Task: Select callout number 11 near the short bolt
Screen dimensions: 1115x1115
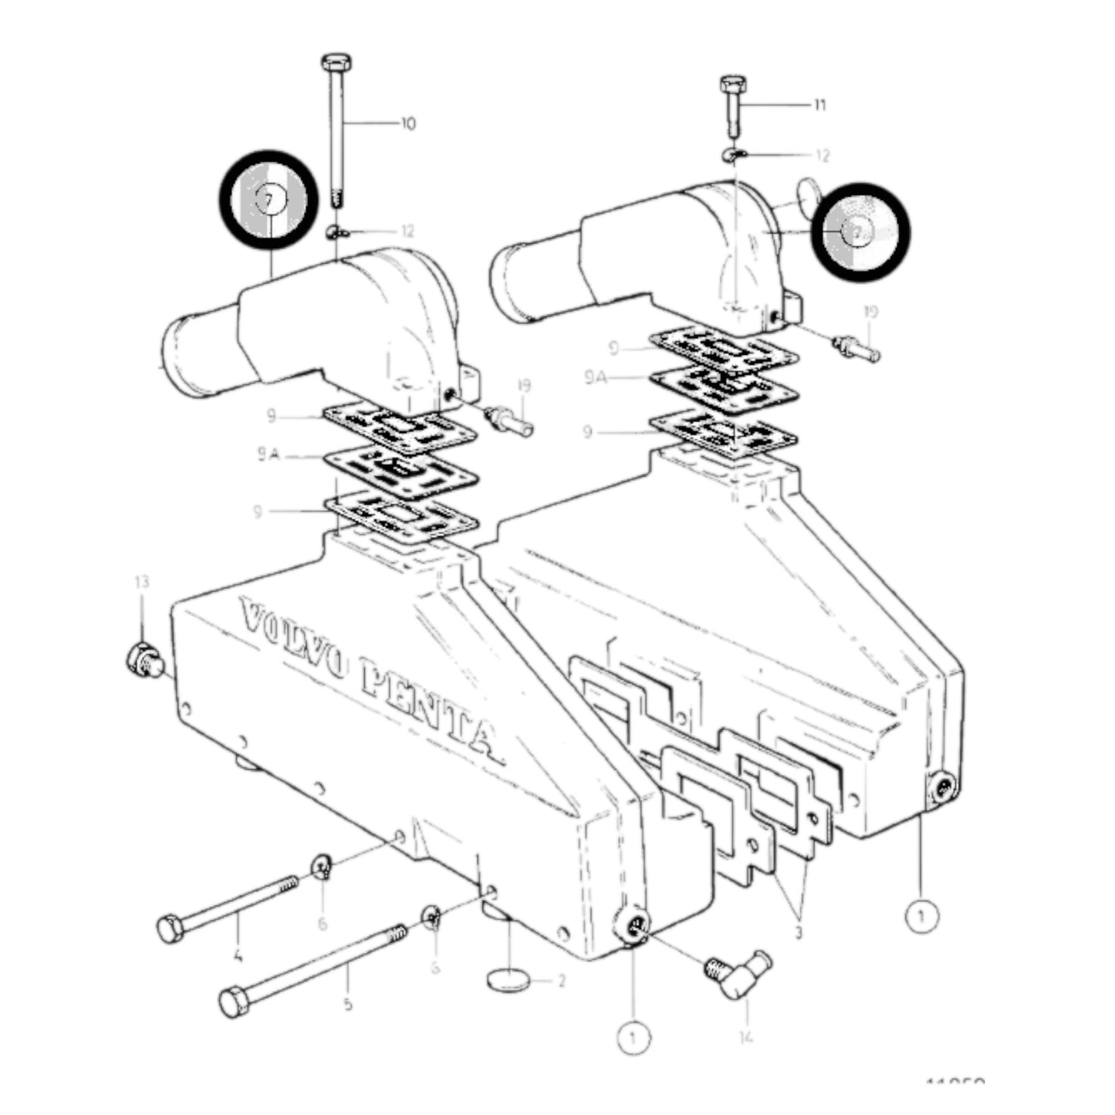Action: (819, 104)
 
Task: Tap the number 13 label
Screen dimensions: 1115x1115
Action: (141, 582)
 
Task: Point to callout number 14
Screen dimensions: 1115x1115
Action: (745, 1038)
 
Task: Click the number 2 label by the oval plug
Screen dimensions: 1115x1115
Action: (561, 981)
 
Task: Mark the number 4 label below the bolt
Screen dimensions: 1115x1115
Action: (238, 958)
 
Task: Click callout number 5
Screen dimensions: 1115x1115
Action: (348, 1004)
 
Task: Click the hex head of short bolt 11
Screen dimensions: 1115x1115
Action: (732, 83)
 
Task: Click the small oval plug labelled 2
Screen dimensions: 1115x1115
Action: (509, 980)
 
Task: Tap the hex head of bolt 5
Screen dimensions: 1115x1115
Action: (233, 1002)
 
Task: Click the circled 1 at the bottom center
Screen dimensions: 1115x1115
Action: (633, 1038)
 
